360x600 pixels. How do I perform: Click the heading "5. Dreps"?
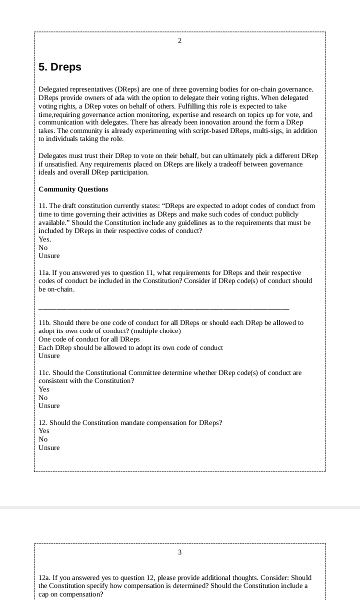pos(60,67)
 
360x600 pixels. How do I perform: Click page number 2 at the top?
pos(179,41)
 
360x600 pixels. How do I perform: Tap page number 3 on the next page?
pos(179,552)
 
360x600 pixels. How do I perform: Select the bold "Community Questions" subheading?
pos(73,189)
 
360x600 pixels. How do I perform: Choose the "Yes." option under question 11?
pos(45,239)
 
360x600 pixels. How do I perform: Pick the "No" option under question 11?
pos(43,248)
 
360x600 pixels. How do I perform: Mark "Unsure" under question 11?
pos(49,256)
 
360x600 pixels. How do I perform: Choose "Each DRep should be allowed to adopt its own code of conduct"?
pos(130,348)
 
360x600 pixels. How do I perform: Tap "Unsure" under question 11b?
pos(49,356)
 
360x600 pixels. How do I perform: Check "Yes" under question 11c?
pos(44,389)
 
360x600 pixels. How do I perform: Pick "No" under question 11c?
pos(43,398)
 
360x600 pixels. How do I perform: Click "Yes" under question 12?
pos(44,431)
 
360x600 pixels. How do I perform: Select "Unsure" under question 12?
pos(49,448)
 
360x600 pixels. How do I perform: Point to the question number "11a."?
pos(44,273)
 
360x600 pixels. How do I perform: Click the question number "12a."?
pos(44,577)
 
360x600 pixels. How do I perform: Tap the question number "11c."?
pos(44,373)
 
